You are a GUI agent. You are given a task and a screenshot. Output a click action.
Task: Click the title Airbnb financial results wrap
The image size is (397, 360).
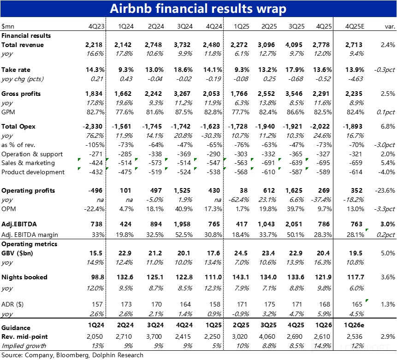click(x=198, y=9)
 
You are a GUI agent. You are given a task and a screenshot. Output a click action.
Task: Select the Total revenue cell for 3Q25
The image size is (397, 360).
click(x=294, y=45)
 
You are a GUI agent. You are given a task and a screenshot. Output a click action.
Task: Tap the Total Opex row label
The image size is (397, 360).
click(x=18, y=126)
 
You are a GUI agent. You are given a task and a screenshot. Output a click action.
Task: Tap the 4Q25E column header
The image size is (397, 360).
click(x=353, y=26)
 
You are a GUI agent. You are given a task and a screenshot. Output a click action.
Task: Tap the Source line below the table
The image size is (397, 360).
click(x=72, y=355)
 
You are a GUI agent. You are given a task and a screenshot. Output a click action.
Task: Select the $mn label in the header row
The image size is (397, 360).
click(x=7, y=26)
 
